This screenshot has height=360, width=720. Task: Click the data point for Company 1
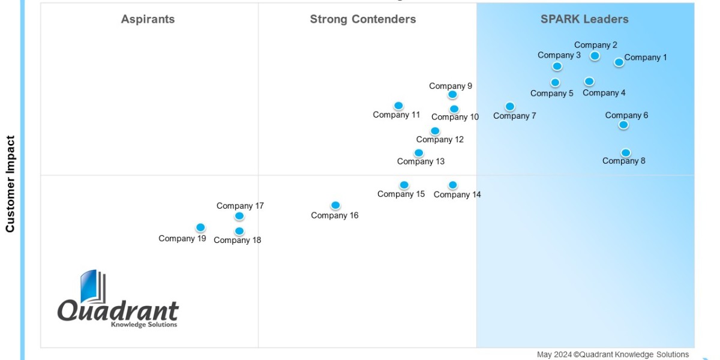point(619,62)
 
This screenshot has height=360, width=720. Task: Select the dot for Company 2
point(595,56)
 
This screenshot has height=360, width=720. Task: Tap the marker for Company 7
point(509,107)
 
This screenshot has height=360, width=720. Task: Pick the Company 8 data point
point(626,153)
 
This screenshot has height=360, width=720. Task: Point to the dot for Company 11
point(398,106)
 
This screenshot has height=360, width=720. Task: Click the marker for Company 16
point(335,206)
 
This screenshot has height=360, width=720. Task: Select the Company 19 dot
point(200,228)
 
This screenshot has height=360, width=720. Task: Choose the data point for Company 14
point(453,185)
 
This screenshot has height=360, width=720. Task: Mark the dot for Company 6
point(623,125)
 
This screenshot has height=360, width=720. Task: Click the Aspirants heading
point(148,19)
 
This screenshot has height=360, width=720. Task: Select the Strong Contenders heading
point(362,19)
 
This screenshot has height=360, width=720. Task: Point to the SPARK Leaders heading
point(584,19)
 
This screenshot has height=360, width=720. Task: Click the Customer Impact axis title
point(10,184)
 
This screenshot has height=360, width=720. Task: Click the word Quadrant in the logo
point(118,311)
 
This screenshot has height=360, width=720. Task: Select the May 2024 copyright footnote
point(613,355)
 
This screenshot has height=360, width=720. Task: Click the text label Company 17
point(240,206)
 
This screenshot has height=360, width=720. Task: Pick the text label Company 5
point(551,94)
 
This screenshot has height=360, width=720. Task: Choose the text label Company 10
point(455,117)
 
